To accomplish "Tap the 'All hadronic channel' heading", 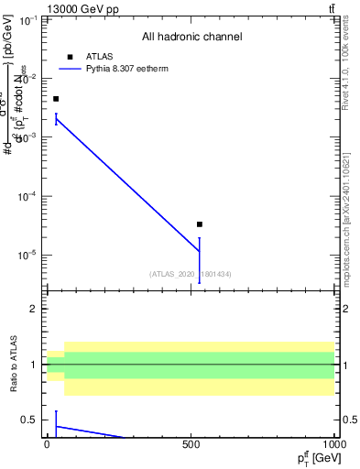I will point(191,38).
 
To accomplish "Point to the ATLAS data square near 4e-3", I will point(56,99).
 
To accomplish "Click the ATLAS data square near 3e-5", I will point(200,224).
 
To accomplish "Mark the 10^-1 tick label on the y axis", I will point(26,19).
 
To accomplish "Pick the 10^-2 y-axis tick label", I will point(26,79).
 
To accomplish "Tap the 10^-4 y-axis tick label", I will point(26,196).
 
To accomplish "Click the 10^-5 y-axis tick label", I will point(26,255).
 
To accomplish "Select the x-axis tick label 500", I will point(191,445).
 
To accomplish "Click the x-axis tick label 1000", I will point(333,445).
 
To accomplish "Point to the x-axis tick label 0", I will point(48,445).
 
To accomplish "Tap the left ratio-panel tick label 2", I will point(34,310).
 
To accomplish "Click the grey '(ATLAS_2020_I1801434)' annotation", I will point(191,273).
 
